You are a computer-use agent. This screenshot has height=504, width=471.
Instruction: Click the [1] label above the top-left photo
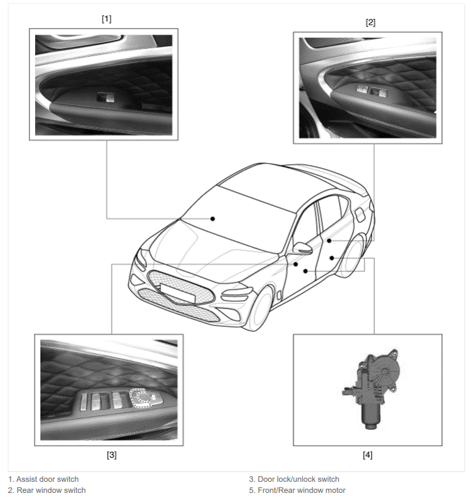coord(107,19)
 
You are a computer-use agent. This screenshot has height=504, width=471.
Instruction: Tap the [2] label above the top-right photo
coord(370,23)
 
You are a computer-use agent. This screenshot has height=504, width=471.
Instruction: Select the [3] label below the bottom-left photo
coord(111,455)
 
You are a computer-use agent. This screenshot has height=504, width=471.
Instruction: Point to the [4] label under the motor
coord(367,455)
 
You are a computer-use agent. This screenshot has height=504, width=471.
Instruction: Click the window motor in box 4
coord(373,389)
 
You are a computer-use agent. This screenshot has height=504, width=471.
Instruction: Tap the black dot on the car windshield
coord(212,218)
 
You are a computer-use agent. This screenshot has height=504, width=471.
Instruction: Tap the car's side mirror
coord(303,248)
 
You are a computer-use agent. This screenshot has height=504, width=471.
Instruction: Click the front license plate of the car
coord(177,293)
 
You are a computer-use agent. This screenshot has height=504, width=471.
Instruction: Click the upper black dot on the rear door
coord(329,241)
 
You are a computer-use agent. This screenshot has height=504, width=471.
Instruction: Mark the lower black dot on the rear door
coord(332,258)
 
